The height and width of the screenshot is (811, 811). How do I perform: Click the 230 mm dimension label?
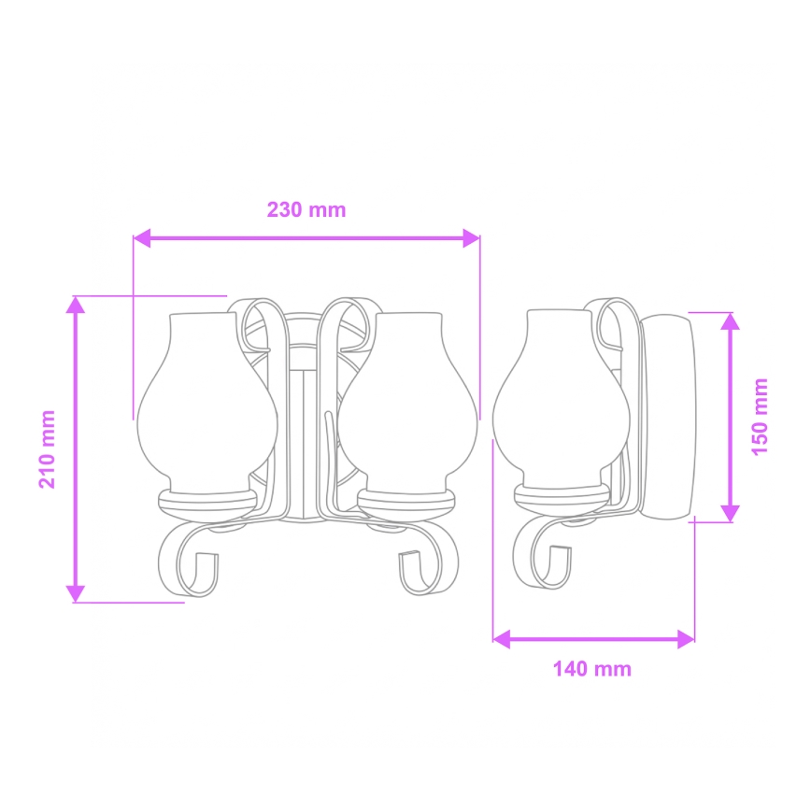click(306, 209)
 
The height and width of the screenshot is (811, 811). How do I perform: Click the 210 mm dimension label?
click(47, 448)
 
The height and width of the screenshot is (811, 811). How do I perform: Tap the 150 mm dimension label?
click(761, 416)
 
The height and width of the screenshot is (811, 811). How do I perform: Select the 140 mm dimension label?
click(591, 669)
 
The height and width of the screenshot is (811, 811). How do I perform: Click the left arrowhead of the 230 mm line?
click(142, 239)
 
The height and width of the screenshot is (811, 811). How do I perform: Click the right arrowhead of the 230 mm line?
click(471, 239)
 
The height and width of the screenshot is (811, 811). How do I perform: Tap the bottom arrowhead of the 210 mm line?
click(76, 593)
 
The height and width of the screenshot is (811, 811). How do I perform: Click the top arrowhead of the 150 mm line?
click(731, 320)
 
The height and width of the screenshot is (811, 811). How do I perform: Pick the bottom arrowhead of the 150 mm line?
click(731, 513)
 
